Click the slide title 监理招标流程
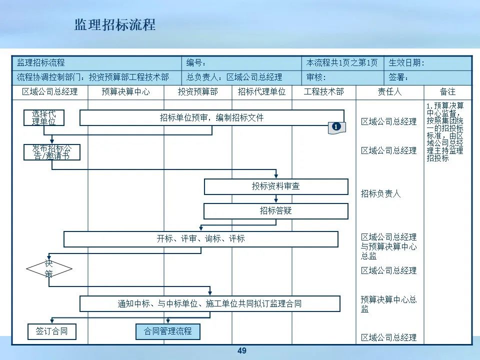[x=115, y=25]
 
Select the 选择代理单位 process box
[x=44, y=117]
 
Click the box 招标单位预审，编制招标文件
[x=211, y=118]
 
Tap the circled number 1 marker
[x=336, y=127]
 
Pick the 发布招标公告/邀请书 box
[x=52, y=152]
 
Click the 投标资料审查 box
[x=275, y=186]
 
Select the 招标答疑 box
[x=275, y=211]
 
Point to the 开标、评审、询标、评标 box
[x=200, y=239]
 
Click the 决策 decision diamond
[x=49, y=269]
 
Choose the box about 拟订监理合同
[x=209, y=303]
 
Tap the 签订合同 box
[x=51, y=331]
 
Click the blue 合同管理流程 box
[x=167, y=331]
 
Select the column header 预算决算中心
[x=125, y=92]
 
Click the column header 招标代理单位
[x=261, y=92]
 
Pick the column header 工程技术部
[x=323, y=92]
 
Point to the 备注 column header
[x=447, y=92]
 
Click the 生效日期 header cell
[x=427, y=63]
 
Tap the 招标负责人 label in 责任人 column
[x=381, y=193]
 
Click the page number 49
[x=242, y=351]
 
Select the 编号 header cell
[x=242, y=63]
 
